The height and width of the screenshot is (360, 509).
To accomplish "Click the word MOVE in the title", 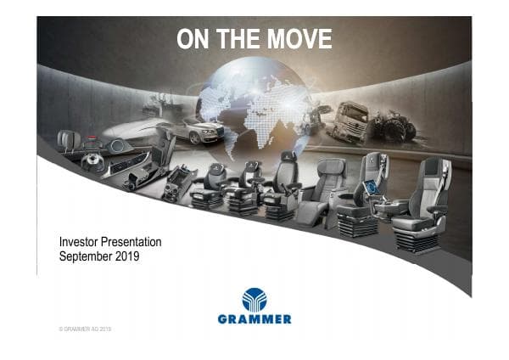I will (x=299, y=39).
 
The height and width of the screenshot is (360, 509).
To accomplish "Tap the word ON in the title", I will (x=191, y=39).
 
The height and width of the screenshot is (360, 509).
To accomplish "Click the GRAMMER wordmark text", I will (x=255, y=319).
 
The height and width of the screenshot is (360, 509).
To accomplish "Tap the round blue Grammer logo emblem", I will (x=255, y=299).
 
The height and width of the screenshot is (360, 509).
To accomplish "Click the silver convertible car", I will (x=197, y=129).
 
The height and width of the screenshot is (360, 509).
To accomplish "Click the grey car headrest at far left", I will (x=67, y=139).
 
